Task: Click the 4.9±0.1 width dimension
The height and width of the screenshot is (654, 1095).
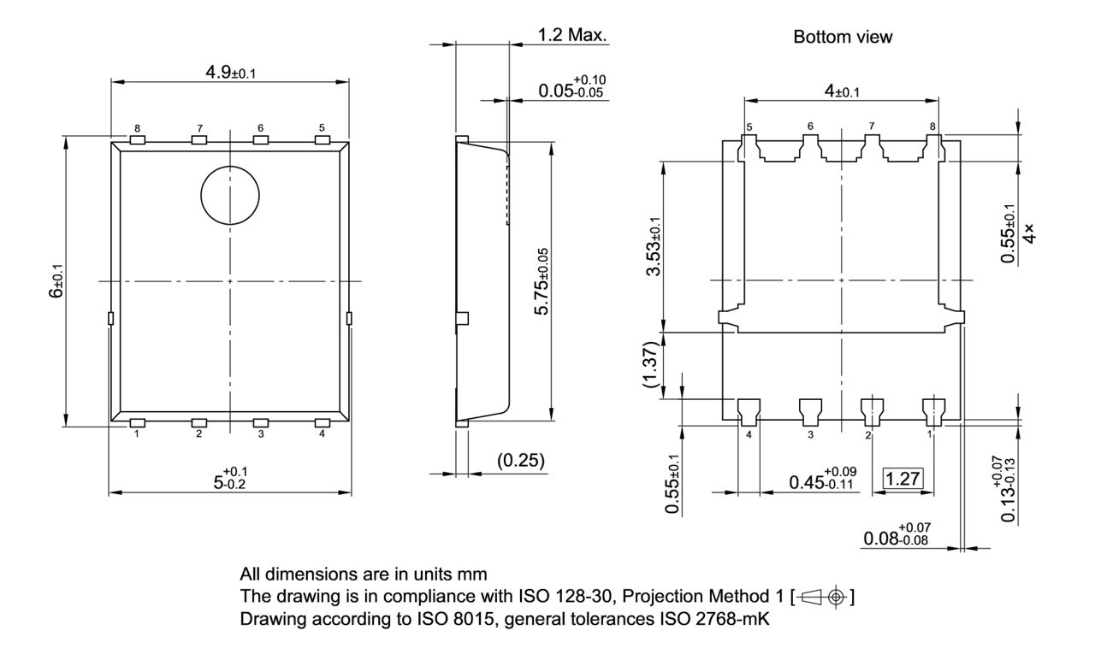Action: pos(230,72)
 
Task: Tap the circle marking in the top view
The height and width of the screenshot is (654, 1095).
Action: pos(230,195)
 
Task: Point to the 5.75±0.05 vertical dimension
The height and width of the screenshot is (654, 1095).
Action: pos(542,280)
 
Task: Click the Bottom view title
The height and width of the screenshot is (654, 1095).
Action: pos(843,37)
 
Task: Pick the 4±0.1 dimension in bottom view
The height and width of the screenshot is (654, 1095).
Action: pos(842,91)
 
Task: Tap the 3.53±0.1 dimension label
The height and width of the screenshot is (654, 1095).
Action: pos(656,245)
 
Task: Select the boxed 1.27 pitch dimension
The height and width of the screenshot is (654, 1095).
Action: pos(903,479)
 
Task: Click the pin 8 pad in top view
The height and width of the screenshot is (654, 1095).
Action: pos(137,139)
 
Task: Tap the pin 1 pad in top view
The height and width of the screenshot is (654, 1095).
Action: pos(137,422)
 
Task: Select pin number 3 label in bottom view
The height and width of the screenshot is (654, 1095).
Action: pos(809,435)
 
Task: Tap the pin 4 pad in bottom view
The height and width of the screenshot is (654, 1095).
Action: pos(749,410)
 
